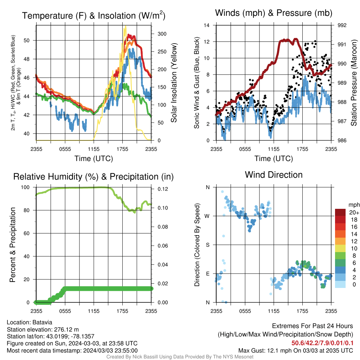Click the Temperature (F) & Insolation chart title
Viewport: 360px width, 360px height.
94,15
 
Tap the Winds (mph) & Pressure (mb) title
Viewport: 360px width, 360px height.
274,13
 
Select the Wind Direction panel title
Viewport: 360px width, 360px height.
274,175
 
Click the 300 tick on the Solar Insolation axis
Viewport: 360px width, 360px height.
162,34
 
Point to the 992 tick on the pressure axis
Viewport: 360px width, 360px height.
342,25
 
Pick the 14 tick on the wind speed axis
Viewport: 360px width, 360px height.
207,25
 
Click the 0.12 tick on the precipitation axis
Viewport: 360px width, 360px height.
163,189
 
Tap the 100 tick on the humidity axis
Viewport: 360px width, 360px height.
25,187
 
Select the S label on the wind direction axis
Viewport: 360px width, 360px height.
207,245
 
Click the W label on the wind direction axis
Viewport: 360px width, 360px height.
207,216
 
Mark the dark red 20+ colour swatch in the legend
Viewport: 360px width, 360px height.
340,212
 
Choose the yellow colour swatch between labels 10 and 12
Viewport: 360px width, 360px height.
340,249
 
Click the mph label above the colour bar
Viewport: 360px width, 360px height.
354,205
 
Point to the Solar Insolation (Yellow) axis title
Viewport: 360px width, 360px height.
174,83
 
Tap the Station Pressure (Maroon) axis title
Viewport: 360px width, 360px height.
354,83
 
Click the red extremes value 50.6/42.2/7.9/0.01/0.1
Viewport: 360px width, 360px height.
322,343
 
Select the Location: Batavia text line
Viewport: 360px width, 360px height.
30,322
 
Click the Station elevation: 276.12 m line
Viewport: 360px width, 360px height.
43,329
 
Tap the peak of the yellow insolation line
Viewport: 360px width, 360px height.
126,26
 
